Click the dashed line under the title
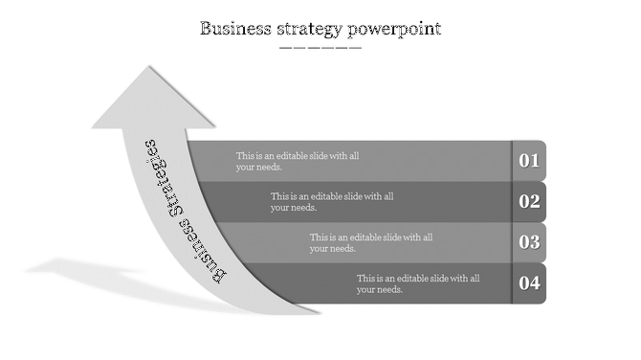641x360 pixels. (320, 47)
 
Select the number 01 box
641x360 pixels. (529, 160)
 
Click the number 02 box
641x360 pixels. (529, 201)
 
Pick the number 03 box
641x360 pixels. (529, 242)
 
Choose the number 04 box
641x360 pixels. (529, 283)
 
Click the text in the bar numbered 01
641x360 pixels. (298, 161)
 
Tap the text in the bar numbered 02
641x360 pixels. (332, 201)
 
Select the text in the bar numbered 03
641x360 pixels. (371, 242)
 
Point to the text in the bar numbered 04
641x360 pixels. (418, 283)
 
